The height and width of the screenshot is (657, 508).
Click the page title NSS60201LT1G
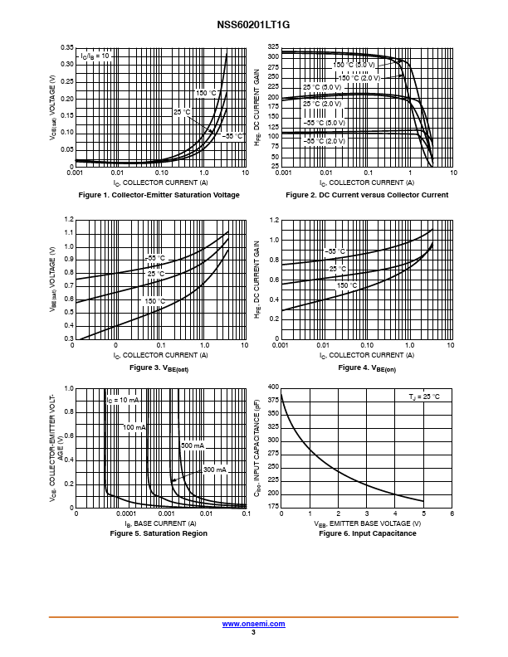pos(253,26)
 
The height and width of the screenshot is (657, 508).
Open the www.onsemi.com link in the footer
pos(253,624)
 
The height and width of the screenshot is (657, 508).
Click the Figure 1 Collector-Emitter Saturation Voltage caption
pos(159,195)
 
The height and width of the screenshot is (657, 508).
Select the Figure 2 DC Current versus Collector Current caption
pos(367,195)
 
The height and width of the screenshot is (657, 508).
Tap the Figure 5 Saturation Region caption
pos(159,533)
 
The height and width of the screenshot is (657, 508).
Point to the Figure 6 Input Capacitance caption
pos(367,533)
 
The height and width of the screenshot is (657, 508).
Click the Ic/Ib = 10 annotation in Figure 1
pos(95,56)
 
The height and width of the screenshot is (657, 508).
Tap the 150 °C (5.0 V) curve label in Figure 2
pos(354,64)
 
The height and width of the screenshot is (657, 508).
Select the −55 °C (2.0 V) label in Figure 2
pos(324,142)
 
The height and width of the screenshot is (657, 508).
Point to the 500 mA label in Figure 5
pos(193,446)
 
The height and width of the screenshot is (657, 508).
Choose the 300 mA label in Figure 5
pos(215,470)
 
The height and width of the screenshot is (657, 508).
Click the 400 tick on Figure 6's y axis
pos(273,387)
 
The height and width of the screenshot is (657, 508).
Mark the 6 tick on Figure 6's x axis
pos(452,514)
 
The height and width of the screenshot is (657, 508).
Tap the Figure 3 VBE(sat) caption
pos(159,367)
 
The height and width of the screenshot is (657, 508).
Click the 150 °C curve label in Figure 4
pos(347,285)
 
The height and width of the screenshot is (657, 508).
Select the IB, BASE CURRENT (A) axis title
pos(160,523)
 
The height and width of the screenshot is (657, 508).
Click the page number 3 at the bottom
pos(253,632)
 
